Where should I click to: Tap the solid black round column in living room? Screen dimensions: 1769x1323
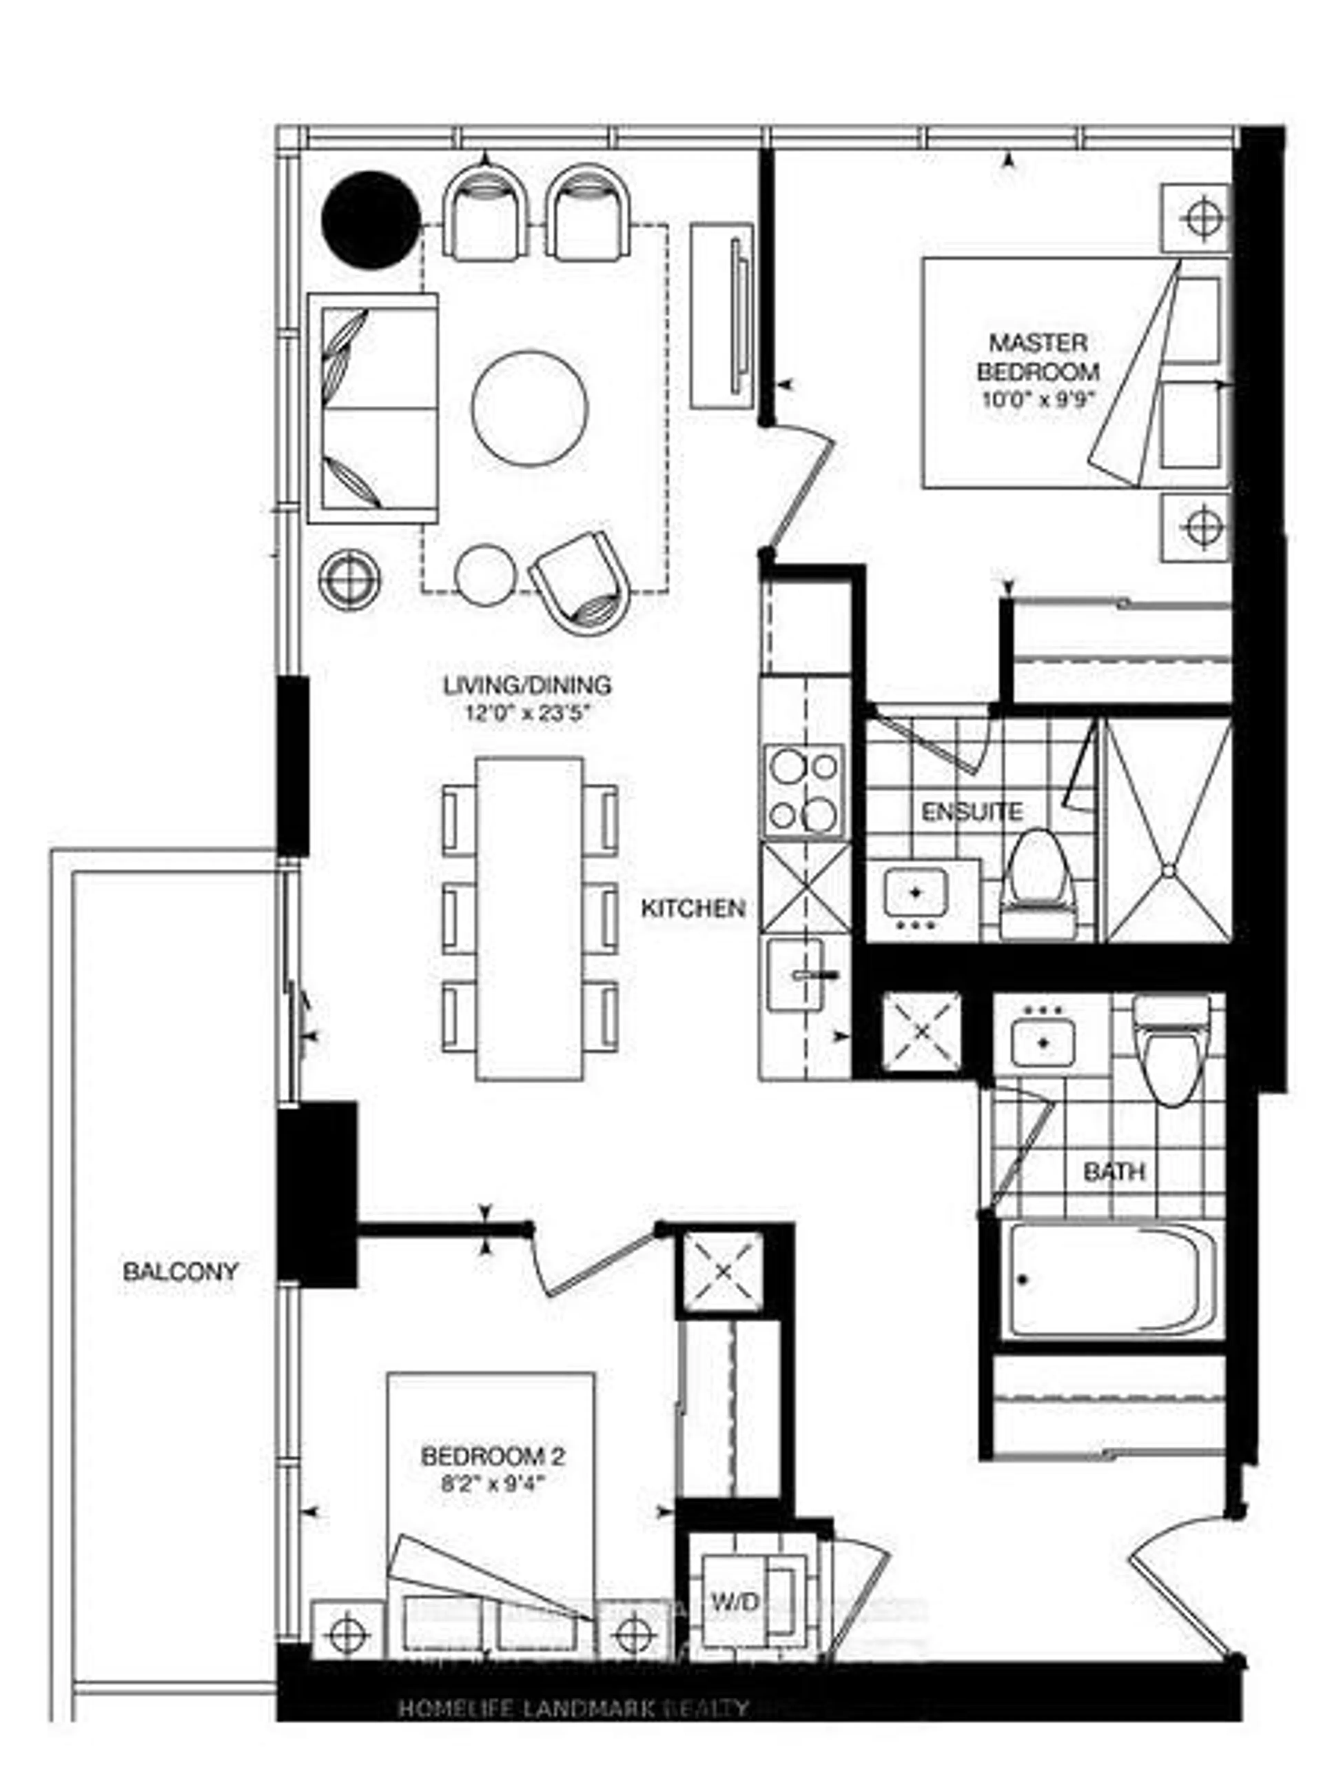coord(371,220)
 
